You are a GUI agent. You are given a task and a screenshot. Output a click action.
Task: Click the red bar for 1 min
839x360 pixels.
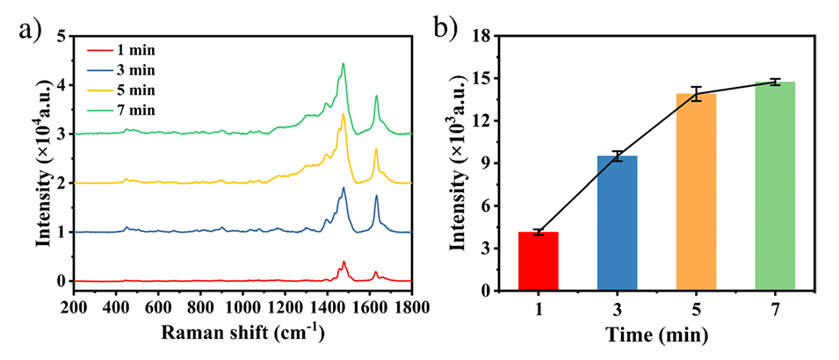(538, 261)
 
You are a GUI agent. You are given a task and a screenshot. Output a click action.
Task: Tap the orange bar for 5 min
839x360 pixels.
(696, 191)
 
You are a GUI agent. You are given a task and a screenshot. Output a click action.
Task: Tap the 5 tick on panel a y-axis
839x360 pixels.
(60, 36)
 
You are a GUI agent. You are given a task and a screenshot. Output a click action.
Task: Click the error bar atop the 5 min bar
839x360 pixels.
(696, 93)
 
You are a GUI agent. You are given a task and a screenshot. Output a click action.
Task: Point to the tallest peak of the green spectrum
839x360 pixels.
(344, 63)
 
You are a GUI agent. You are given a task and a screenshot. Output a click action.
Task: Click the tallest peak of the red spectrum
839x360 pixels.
(344, 262)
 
